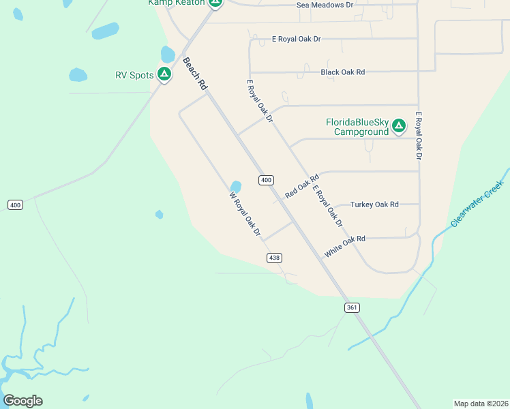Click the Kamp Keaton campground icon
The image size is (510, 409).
click(x=215, y=3)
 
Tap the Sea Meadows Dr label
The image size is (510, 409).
click(x=325, y=5)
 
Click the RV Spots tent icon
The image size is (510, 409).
click(x=164, y=74)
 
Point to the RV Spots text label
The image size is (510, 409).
click(x=134, y=75)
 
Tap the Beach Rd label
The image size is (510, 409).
click(x=194, y=74)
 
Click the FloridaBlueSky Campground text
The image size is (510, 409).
click(x=357, y=127)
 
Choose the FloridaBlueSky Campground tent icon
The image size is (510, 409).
click(x=399, y=126)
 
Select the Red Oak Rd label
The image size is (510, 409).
click(x=302, y=187)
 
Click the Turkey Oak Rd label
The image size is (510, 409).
click(x=374, y=204)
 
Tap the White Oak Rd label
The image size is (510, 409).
click(x=345, y=245)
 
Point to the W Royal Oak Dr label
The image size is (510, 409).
click(x=245, y=214)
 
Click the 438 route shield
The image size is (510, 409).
click(x=274, y=258)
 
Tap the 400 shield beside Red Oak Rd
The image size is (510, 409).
click(x=266, y=180)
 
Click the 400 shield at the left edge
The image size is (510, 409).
click(x=15, y=204)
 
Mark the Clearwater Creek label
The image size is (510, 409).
click(x=477, y=204)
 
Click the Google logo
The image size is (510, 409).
click(x=22, y=401)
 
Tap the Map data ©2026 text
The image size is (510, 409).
click(x=481, y=403)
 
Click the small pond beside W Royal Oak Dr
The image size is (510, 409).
click(x=236, y=186)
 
